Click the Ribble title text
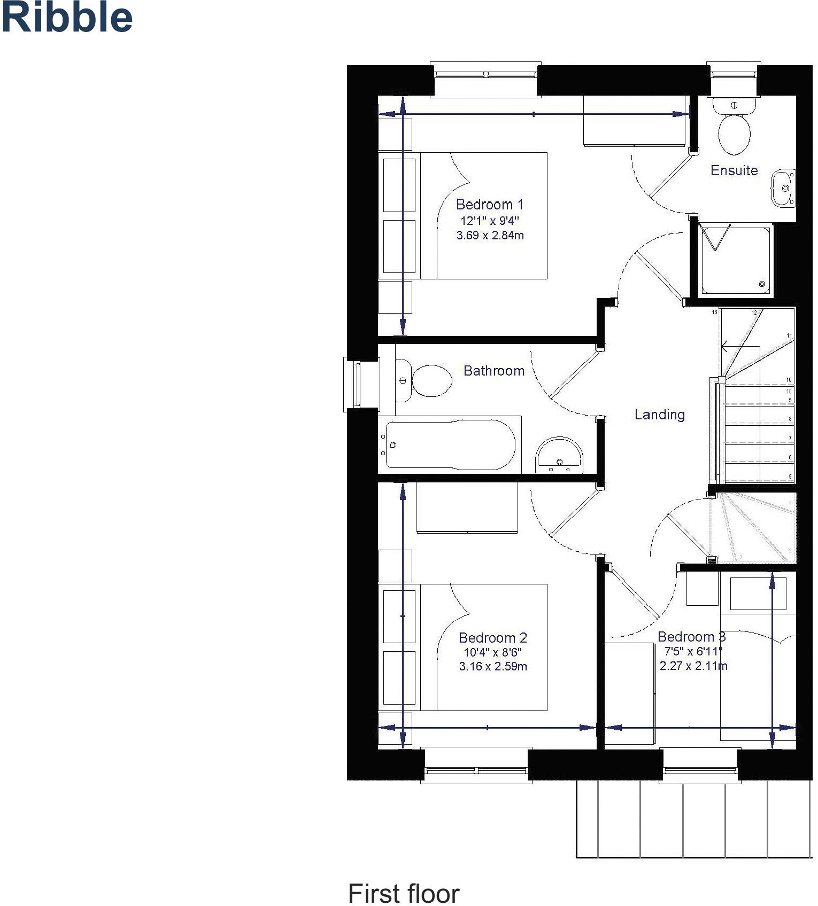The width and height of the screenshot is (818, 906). click(67, 18)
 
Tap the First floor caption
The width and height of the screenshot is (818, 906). click(403, 894)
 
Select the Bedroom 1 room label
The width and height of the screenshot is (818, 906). click(489, 205)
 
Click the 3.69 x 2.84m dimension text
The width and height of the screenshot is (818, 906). click(490, 235)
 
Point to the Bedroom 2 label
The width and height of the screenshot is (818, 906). click(492, 638)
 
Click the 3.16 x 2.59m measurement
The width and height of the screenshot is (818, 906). click(492, 667)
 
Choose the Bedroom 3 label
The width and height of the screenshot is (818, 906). click(691, 637)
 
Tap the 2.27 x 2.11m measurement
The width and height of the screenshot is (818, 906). click(693, 666)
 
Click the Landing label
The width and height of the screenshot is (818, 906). click(659, 415)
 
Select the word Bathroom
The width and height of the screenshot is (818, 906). click(493, 371)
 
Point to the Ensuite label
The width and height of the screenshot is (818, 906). click(734, 170)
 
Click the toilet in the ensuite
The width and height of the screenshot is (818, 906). click(734, 128)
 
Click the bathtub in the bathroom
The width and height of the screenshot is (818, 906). click(449, 444)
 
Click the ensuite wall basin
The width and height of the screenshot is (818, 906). click(783, 188)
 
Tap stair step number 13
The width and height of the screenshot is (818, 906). click(714, 312)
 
